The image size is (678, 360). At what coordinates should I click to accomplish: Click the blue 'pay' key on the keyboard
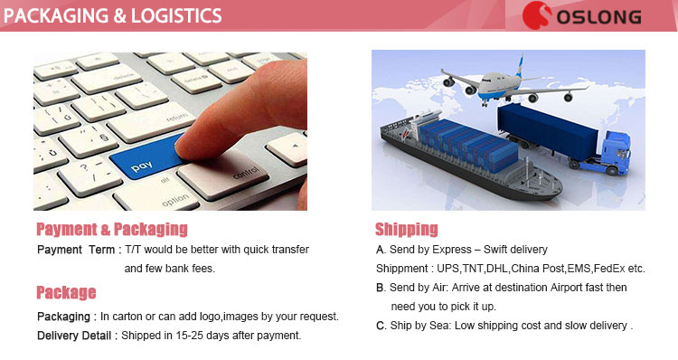pos(142,167)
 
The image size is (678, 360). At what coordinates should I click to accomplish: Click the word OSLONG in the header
pos(600,17)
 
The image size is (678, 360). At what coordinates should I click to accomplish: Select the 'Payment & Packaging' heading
pos(112,229)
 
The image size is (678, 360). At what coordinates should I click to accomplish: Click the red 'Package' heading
pos(66,293)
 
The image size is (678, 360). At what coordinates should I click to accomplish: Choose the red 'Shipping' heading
pos(406,229)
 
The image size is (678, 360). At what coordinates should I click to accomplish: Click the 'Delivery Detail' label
pos(75,336)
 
